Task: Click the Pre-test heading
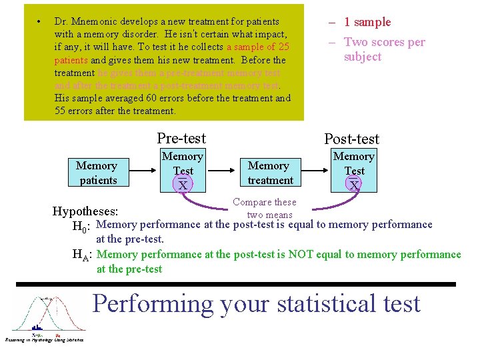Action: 181,138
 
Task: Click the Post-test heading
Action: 351,139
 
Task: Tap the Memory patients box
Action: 97,173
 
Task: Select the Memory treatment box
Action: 269,173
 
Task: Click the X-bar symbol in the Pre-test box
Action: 183,185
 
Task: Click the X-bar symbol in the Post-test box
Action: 354,185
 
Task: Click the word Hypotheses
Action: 85,212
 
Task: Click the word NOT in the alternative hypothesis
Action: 297,254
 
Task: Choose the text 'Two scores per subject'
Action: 383,49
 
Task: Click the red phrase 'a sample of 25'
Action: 257,47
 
